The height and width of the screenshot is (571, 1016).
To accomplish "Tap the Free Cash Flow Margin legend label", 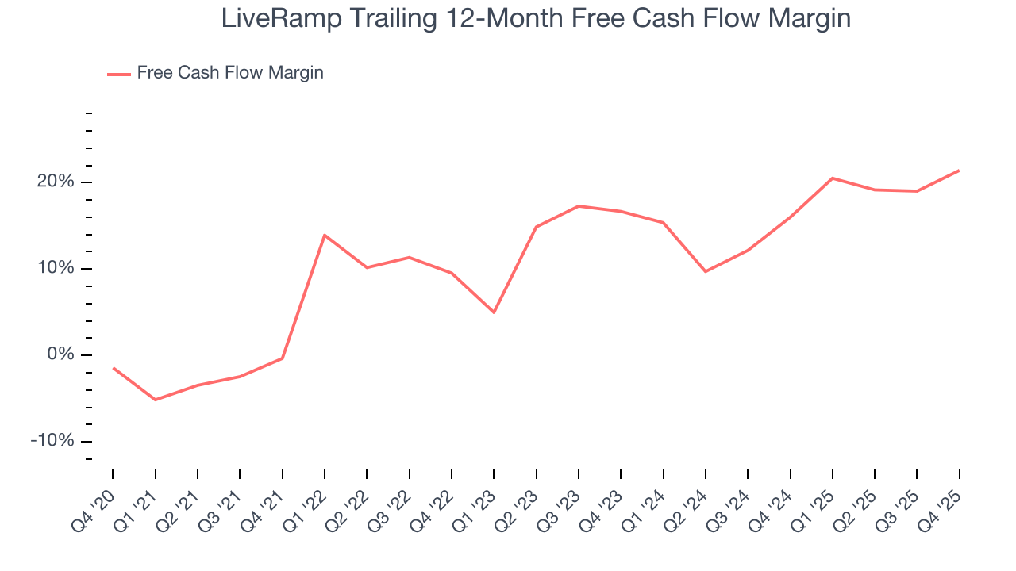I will click(x=230, y=73).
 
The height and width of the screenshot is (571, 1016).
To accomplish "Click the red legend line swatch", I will click(x=119, y=74).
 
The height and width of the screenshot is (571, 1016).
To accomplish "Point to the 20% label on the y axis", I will click(x=56, y=182).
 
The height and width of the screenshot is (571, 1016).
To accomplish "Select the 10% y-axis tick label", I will click(x=56, y=269).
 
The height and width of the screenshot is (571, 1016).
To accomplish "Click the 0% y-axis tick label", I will click(x=60, y=355).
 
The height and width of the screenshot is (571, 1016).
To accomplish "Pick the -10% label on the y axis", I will click(x=52, y=442).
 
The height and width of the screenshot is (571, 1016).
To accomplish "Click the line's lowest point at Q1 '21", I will click(x=155, y=400).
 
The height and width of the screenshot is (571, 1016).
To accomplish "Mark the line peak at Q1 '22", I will click(x=325, y=235).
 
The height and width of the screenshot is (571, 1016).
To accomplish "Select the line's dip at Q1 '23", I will click(x=494, y=312).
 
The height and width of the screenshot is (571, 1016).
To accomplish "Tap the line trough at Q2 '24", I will click(x=706, y=272).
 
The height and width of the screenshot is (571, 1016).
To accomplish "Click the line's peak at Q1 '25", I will click(x=833, y=178).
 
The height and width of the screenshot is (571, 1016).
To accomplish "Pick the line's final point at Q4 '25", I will click(x=960, y=171).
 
